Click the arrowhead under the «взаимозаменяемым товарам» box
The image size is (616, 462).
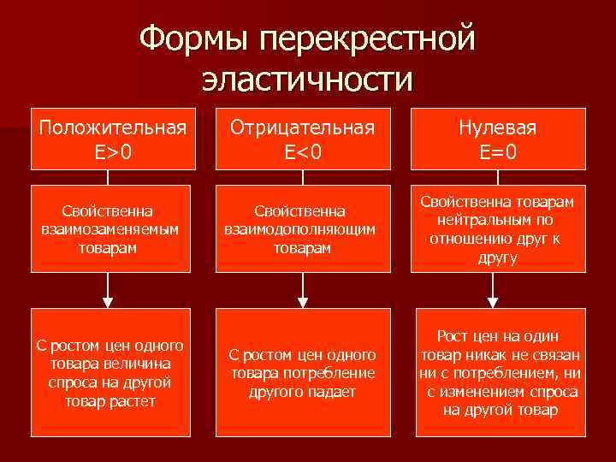tap(109, 300)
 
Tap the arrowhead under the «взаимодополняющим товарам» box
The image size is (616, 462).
tap(301, 300)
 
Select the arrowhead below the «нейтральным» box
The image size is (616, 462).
tap(494, 300)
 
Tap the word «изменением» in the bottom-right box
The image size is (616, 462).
tap(486, 392)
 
